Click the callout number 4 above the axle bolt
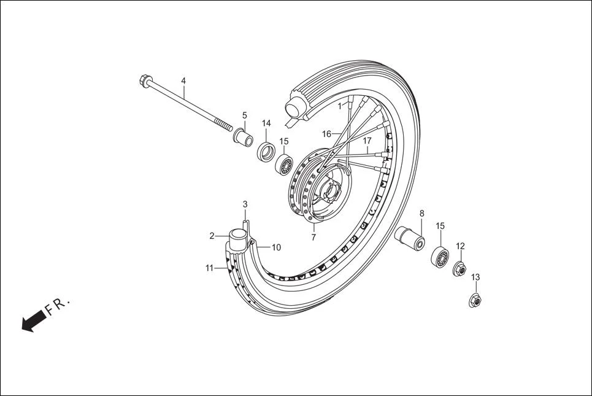183,81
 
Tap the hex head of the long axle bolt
145,80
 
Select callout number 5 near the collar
244,115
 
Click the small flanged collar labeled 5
243,134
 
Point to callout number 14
266,123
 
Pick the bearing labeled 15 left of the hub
284,165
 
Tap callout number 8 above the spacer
421,214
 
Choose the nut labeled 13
475,300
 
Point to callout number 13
475,278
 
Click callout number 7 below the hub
313,237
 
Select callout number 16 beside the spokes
326,134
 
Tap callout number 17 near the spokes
367,141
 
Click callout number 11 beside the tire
210,268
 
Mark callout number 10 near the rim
276,247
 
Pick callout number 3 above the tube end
245,204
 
